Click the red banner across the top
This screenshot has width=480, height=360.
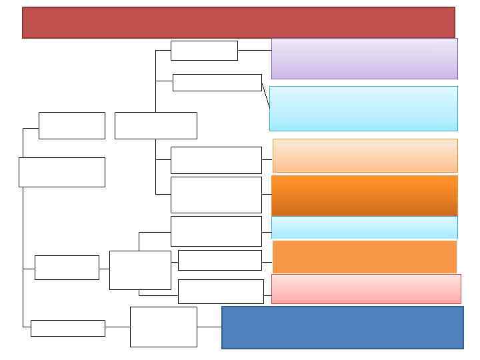[238, 23]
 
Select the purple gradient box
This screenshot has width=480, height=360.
[364, 59]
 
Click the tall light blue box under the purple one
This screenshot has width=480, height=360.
[363, 108]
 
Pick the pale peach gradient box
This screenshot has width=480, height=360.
[365, 155]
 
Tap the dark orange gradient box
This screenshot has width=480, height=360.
[365, 195]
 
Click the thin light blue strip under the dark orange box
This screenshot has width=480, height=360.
[365, 227]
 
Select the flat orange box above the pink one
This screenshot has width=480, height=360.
[365, 257]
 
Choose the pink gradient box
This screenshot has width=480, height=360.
[366, 289]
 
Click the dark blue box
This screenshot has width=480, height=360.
[342, 327]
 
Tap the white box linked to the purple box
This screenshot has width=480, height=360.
[204, 51]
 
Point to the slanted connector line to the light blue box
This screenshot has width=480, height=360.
[265, 95]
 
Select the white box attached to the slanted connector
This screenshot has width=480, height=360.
[217, 83]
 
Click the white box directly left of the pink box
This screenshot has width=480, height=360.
[221, 291]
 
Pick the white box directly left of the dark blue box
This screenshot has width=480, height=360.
[163, 327]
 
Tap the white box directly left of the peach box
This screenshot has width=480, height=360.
[216, 160]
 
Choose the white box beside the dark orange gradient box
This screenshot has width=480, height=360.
[216, 195]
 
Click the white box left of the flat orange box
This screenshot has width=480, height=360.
[220, 260]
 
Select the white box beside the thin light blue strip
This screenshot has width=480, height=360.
[216, 231]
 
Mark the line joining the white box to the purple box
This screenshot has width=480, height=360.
[255, 50]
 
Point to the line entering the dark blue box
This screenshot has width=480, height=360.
[209, 327]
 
